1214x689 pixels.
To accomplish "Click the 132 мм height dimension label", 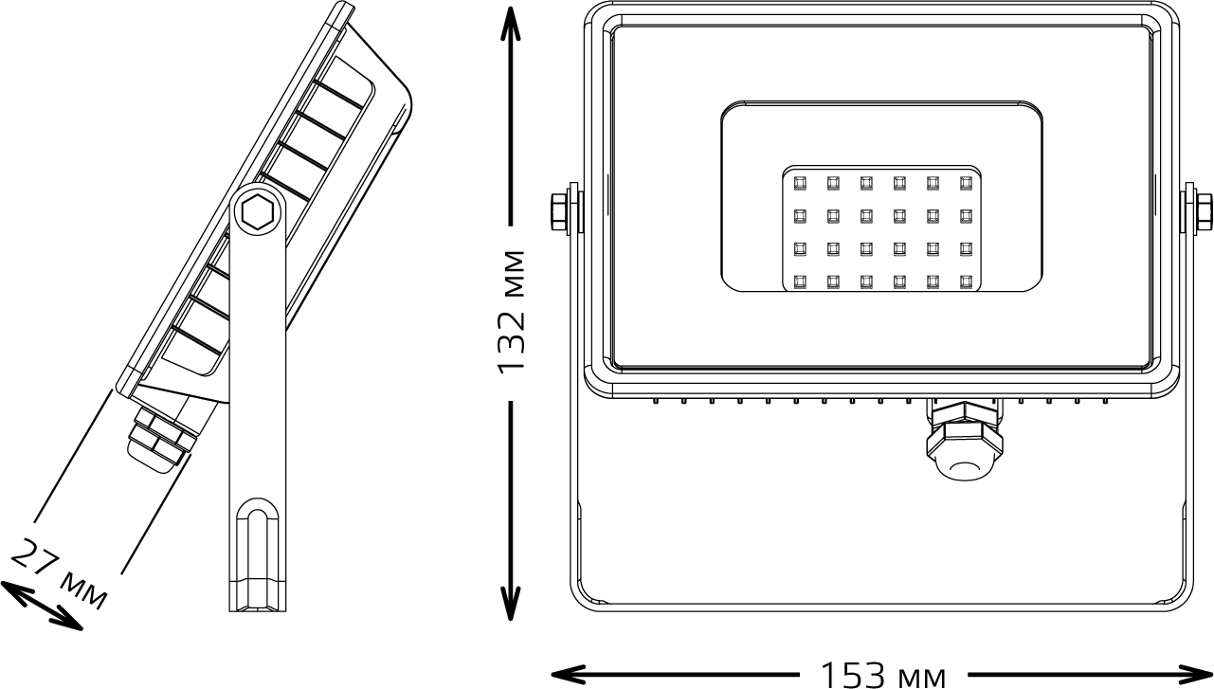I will [x=513, y=313].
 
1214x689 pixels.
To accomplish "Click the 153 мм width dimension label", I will [x=882, y=675].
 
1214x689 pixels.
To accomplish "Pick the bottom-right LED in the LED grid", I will [x=966, y=281].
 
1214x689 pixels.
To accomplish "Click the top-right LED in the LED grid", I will [x=966, y=182].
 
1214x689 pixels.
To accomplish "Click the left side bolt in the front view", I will [x=561, y=212].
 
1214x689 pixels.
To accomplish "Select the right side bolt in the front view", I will [x=1202, y=212].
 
